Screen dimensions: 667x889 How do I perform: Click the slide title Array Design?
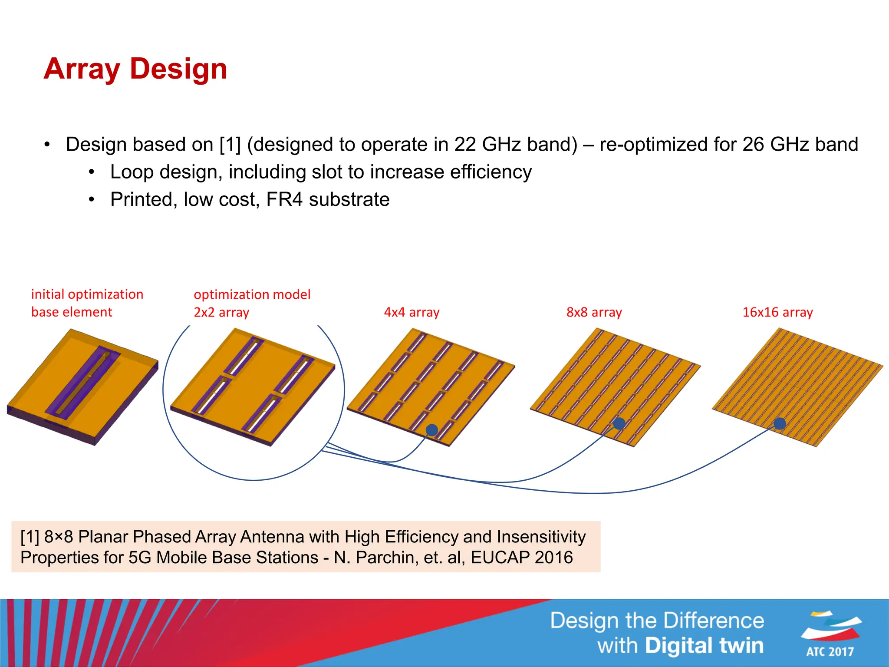135,69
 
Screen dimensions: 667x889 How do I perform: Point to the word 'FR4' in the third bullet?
284,200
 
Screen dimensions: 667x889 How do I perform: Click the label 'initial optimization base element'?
87,303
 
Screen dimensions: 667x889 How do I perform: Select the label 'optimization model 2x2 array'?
252,303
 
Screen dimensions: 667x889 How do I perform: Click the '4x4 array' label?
412,312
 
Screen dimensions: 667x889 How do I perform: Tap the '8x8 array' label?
594,312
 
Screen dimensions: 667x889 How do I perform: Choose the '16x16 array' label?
777,312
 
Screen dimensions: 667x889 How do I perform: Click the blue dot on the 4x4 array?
432,430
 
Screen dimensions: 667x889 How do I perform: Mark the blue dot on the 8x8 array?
619,423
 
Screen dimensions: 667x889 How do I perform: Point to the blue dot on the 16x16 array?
780,423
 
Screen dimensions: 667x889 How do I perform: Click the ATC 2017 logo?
830,634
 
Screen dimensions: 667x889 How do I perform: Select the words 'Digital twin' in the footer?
704,646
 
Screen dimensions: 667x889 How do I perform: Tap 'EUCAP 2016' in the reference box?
522,558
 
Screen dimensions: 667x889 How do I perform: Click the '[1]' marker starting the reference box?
30,537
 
